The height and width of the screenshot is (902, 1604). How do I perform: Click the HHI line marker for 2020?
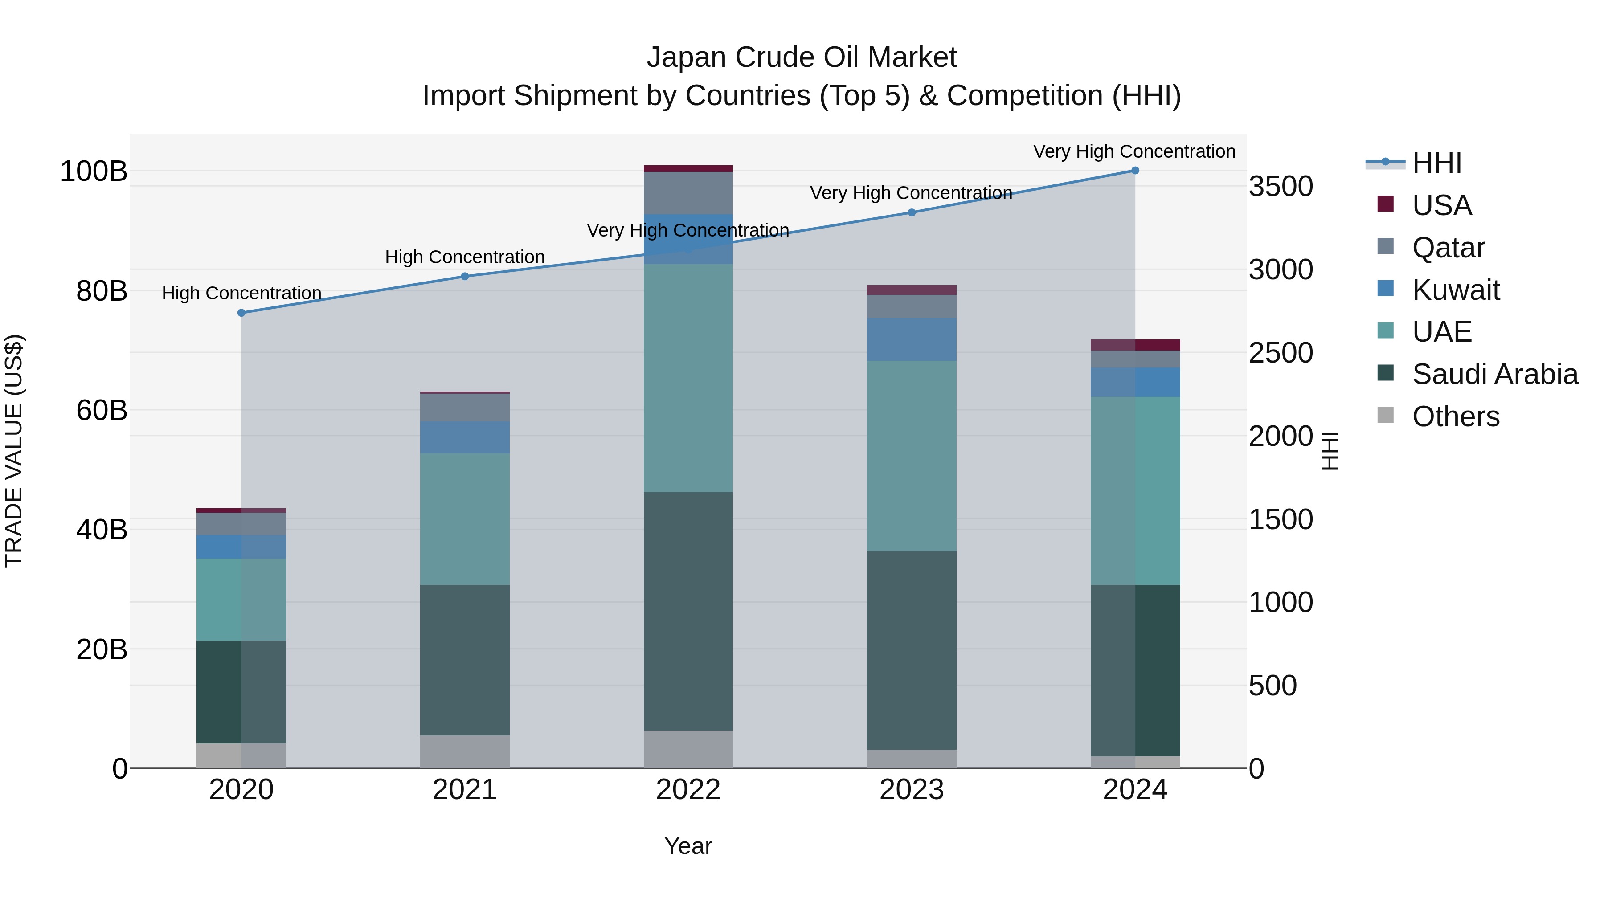(241, 313)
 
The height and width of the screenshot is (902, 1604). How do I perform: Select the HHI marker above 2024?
(1135, 171)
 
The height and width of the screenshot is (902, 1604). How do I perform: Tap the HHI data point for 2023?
(912, 213)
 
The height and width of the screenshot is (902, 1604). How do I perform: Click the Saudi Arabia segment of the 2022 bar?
(688, 611)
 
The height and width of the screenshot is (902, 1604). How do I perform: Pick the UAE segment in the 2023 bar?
(912, 456)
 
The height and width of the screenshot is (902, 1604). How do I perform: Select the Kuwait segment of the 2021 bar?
(465, 437)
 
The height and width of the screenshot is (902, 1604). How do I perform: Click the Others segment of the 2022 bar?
(688, 750)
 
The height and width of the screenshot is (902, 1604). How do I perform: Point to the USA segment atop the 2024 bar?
(1135, 345)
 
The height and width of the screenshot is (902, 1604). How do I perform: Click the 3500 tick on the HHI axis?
(1281, 186)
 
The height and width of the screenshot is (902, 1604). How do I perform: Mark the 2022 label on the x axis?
(688, 790)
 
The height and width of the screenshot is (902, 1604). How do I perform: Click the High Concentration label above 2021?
(465, 257)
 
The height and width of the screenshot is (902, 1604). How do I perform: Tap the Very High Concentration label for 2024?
(1134, 151)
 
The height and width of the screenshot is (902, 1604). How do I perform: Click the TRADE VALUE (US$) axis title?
(14, 451)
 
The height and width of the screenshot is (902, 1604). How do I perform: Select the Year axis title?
(688, 846)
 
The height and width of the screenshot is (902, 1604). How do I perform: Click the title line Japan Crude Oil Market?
(802, 57)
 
